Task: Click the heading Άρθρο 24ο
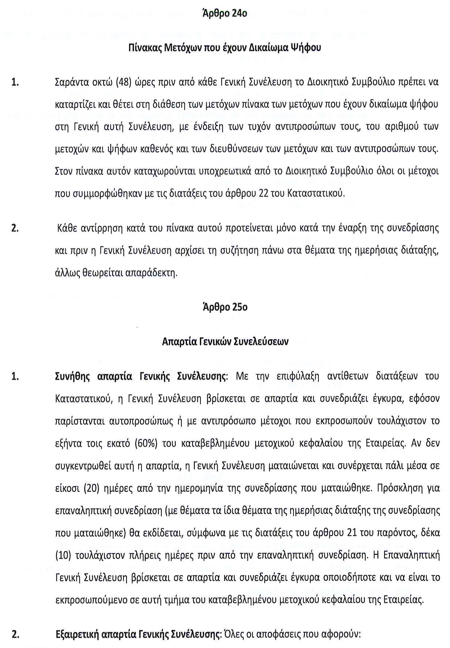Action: point(225,14)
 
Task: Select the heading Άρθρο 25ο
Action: point(225,307)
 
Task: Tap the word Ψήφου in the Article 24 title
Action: point(305,47)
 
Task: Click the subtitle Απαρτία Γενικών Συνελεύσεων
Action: point(225,342)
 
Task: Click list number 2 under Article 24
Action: point(15,228)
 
